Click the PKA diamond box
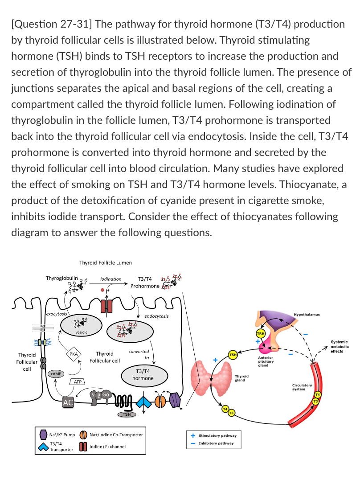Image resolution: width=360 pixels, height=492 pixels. tap(74, 354)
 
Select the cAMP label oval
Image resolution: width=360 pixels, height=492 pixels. tap(56, 373)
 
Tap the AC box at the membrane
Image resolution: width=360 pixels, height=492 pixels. tap(68, 402)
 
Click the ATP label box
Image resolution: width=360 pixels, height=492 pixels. tap(78, 382)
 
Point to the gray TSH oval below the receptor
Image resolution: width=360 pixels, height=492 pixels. tap(127, 414)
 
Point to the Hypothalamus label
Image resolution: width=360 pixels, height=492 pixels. tap(307, 315)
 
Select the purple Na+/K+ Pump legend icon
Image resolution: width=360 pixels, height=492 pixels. tap(44, 435)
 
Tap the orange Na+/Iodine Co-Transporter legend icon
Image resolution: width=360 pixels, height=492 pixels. tap(83, 435)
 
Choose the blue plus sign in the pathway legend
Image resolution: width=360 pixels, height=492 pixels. tap(193, 435)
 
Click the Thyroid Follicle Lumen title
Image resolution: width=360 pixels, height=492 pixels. tap(105, 263)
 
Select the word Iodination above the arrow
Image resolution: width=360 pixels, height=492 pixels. tap(111, 279)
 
